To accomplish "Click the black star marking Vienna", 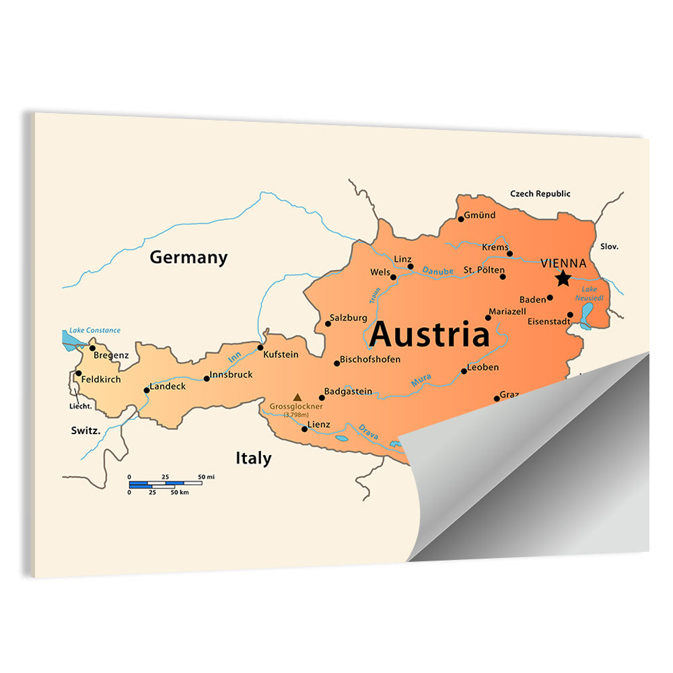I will tap(563, 279).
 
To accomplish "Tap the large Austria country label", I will tap(429, 334).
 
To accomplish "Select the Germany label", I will tap(188, 257).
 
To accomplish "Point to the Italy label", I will tap(253, 458).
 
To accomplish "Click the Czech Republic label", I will tap(540, 194).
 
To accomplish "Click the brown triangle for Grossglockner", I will tap(297, 397).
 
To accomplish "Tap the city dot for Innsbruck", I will tap(207, 378).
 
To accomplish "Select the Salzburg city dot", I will tap(328, 324).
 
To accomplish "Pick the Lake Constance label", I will tap(95, 330).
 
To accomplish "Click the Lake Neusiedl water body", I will tap(587, 313).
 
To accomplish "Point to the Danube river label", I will tap(438, 271).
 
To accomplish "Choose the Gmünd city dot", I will tap(461, 219).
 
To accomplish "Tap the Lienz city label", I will tap(318, 425).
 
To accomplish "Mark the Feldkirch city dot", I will tap(78, 374).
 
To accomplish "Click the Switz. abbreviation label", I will tap(85, 430).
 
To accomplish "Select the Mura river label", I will tap(421, 381).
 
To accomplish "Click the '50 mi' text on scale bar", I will tap(206, 477).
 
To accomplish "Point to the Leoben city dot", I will tap(464, 371).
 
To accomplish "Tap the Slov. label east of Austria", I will tap(609, 247).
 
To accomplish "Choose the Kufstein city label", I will tap(281, 354).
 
